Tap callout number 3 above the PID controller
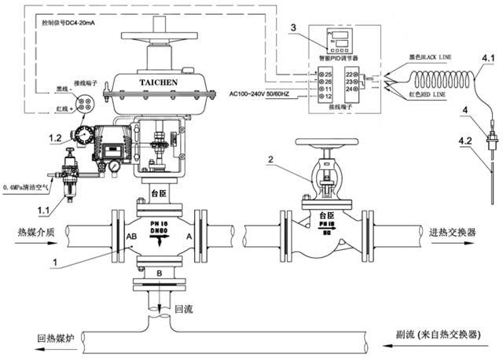click(293, 28)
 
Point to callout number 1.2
click(55, 138)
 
